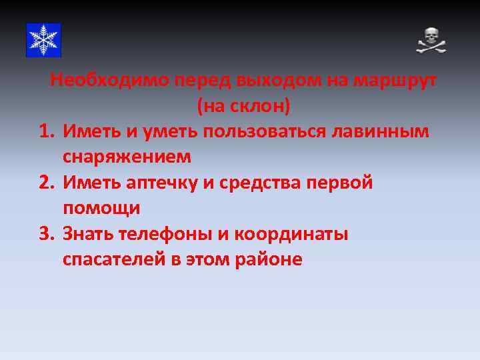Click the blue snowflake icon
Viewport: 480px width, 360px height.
point(43,40)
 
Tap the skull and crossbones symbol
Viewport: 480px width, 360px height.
point(431,41)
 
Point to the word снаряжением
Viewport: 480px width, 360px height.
point(127,157)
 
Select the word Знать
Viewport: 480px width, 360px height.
point(88,234)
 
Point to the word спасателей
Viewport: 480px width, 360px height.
point(114,259)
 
